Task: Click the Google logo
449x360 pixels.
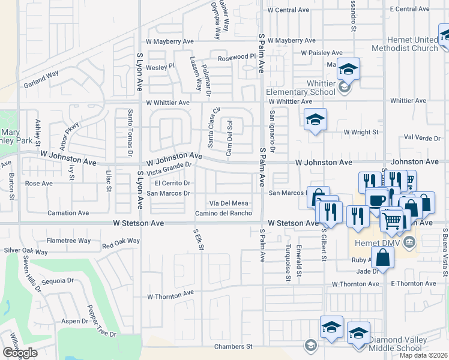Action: (20, 353)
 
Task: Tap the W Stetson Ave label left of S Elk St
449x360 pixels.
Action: (139, 223)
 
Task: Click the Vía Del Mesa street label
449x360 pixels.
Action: (228, 203)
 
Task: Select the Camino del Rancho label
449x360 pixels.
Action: (223, 214)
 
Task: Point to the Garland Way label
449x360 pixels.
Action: (41, 80)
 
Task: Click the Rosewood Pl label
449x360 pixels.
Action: (237, 58)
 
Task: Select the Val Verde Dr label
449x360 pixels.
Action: (422, 138)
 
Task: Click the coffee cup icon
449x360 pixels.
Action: (376, 200)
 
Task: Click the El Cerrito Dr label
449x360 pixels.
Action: (172, 183)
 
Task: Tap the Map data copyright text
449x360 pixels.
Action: (423, 355)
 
